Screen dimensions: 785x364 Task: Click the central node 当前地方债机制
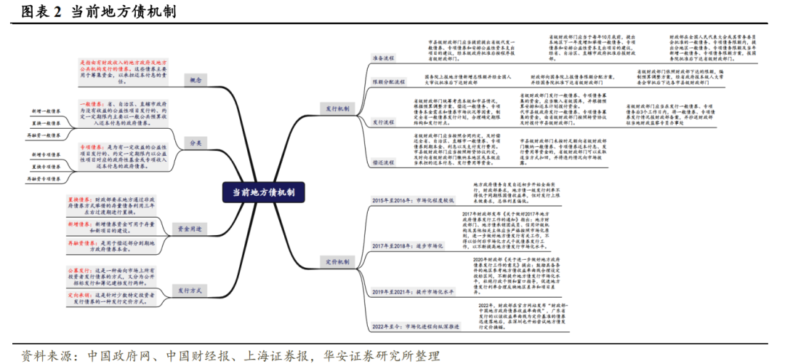click(x=263, y=192)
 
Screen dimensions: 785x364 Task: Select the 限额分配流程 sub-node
click(x=389, y=82)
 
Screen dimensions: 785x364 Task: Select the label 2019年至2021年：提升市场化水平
click(x=413, y=291)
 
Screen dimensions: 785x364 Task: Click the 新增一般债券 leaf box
click(x=47, y=111)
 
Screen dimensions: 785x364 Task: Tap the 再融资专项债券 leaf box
click(x=47, y=178)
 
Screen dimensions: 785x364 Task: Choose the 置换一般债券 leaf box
click(x=47, y=123)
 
